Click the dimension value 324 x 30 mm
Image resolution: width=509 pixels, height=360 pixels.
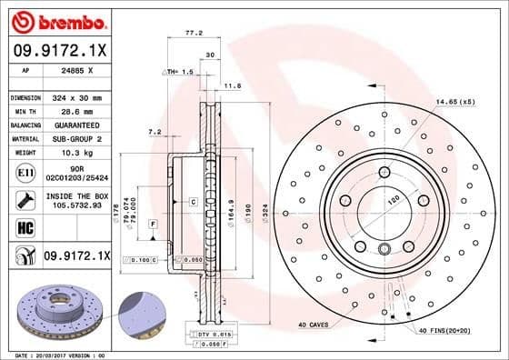[75, 97]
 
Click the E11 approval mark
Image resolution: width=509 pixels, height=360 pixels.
[25, 172]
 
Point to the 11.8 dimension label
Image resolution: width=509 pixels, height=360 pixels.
[232, 86]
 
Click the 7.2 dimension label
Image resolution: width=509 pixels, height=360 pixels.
[154, 133]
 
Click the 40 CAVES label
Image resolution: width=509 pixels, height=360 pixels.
[313, 325]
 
